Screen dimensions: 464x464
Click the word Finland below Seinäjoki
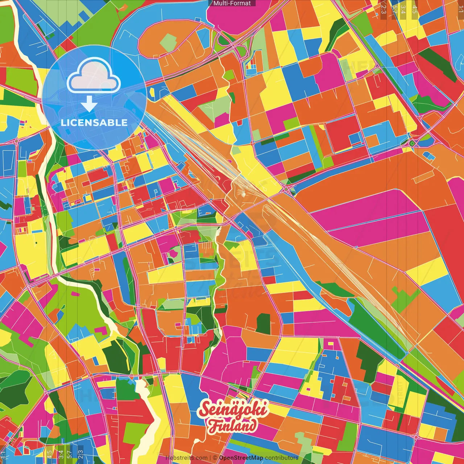232,426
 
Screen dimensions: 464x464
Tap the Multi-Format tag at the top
232,3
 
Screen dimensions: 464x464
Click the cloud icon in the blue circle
94,76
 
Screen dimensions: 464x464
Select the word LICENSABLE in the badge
94,123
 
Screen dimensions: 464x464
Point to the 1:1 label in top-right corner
460,7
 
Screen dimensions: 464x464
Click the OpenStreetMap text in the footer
241,458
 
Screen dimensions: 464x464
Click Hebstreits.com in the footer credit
186,458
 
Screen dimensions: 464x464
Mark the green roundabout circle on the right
412,144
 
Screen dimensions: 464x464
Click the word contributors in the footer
282,458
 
